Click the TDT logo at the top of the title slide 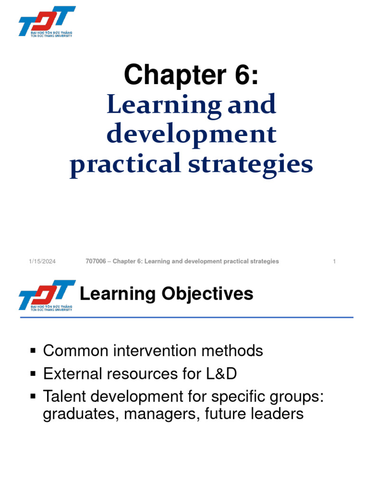pos(47,21)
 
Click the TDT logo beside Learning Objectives pos(47,295)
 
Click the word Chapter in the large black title pos(172,75)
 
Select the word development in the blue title pos(191,135)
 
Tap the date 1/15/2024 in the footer pos(42,262)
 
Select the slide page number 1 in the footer pos(335,262)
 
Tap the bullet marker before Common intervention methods pos(33,351)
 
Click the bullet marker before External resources pos(33,374)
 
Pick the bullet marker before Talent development pos(33,397)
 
